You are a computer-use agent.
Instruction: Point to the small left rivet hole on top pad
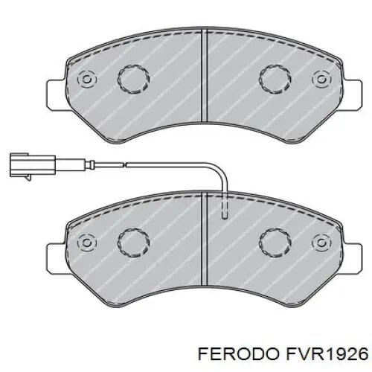[86, 77]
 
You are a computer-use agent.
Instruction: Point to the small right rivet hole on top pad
[321, 77]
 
